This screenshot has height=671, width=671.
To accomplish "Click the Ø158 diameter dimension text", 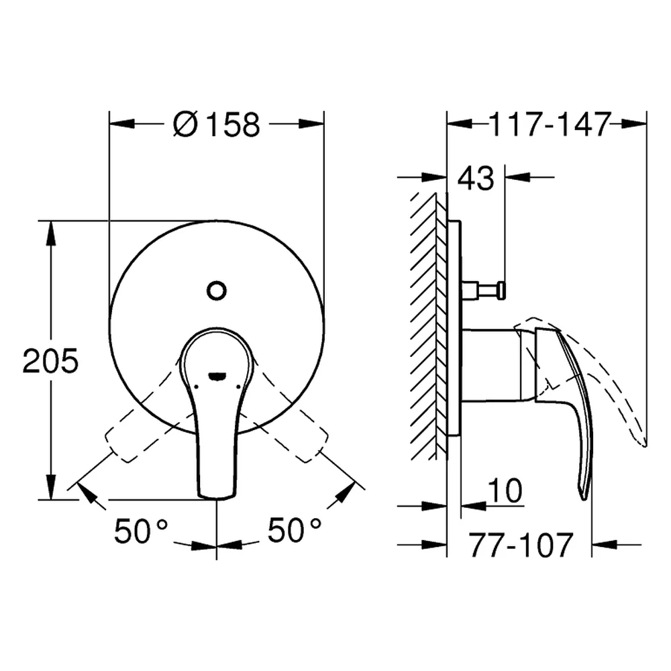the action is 217,125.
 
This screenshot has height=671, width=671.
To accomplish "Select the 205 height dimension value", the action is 50,361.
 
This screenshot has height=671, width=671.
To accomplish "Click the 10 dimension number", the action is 505,491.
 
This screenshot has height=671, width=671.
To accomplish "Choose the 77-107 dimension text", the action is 521,545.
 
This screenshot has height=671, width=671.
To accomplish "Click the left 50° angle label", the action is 141,530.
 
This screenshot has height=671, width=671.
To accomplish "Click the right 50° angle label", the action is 295,530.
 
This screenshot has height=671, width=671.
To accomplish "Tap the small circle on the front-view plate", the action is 217,291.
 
